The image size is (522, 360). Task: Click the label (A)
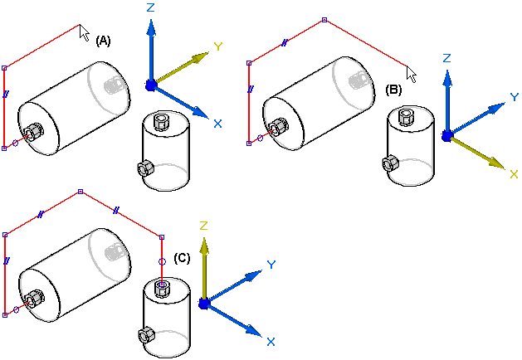pyautogui.click(x=104, y=40)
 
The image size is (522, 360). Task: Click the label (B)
pyautogui.click(x=394, y=89)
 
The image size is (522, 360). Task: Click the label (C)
pyautogui.click(x=183, y=258)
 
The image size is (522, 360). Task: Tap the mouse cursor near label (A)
pyautogui.click(x=84, y=32)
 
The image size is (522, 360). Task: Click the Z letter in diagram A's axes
pyautogui.click(x=150, y=7)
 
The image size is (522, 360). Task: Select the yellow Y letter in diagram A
pyautogui.click(x=218, y=46)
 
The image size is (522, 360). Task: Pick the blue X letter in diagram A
pyautogui.click(x=217, y=124)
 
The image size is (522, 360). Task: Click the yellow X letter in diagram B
pyautogui.click(x=514, y=173)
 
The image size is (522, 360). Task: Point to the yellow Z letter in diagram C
pyautogui.click(x=202, y=226)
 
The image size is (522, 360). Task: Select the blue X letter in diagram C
pyautogui.click(x=271, y=341)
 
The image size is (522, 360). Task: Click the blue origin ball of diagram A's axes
pyautogui.click(x=150, y=85)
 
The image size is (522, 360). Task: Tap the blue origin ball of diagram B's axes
pyautogui.click(x=446, y=135)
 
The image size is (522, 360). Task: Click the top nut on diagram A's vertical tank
pyautogui.click(x=162, y=122)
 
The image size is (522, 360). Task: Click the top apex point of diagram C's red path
pyautogui.click(x=80, y=192)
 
